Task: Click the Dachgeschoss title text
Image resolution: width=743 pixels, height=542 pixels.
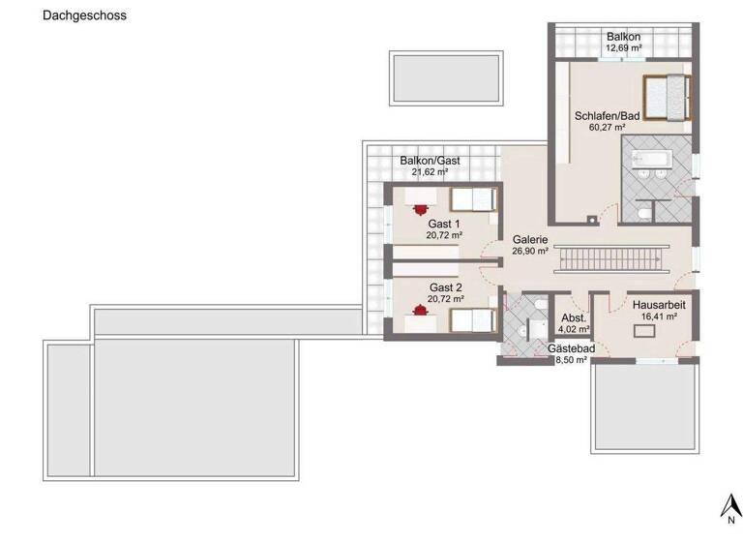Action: pyautogui.click(x=84, y=16)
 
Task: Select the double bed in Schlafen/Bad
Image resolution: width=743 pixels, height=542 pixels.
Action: pyautogui.click(x=666, y=97)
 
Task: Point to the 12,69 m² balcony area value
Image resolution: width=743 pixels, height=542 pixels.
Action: pyautogui.click(x=623, y=47)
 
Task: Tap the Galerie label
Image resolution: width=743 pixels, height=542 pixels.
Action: pyautogui.click(x=530, y=240)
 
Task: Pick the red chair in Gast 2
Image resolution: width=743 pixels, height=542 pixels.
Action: pyautogui.click(x=420, y=311)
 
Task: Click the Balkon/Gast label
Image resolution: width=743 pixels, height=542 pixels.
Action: pyautogui.click(x=429, y=161)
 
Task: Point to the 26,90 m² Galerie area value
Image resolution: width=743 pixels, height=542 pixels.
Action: pyautogui.click(x=530, y=252)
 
